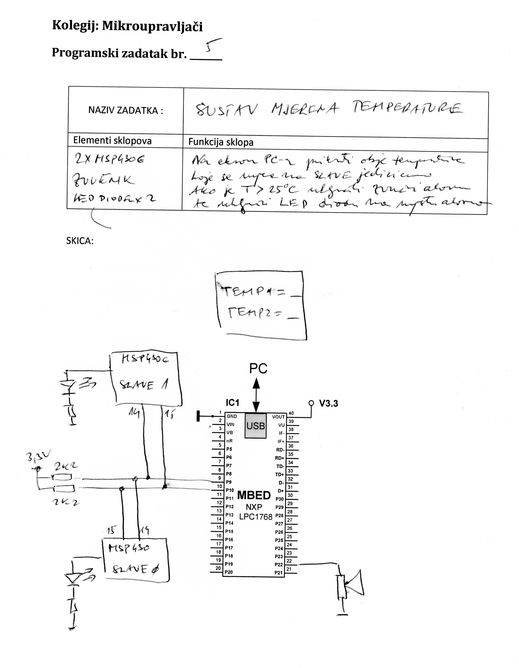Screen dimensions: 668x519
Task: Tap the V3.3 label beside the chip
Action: [x=329, y=404]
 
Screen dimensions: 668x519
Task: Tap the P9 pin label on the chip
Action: [x=229, y=482]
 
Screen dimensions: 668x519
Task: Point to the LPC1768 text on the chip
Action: [x=256, y=517]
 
